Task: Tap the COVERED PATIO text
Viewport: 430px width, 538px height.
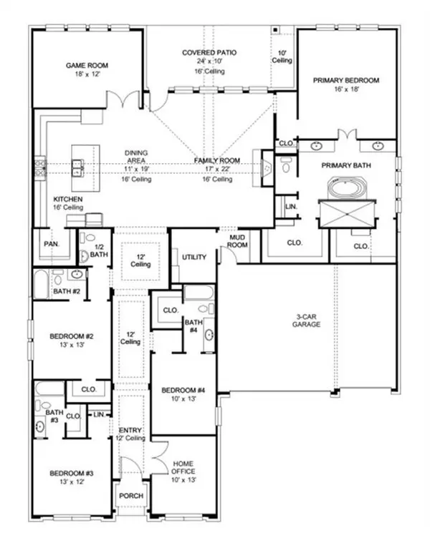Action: (209, 52)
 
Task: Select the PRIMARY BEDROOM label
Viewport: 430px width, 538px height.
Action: (345, 81)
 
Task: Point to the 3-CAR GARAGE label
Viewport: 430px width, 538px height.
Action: (305, 319)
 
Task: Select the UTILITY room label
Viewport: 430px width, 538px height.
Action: (193, 256)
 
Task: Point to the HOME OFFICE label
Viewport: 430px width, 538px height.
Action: (183, 467)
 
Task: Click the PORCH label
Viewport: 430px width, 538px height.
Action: (131, 496)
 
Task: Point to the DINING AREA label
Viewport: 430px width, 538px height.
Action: (135, 157)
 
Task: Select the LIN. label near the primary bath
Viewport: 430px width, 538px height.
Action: (292, 206)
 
